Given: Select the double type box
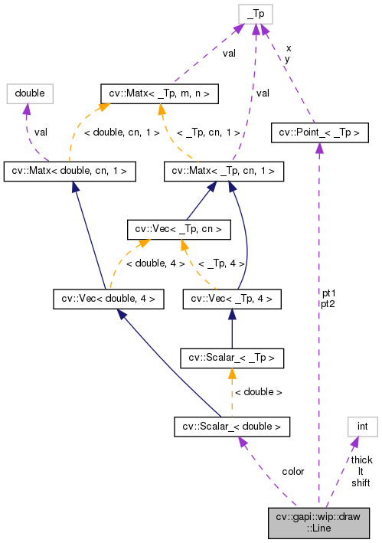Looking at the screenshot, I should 29,93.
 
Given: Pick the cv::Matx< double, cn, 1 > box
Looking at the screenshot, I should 70,171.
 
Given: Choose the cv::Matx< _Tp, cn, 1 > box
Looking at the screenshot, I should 224,171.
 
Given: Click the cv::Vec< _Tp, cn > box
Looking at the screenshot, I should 178,228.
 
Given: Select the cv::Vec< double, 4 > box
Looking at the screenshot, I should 108,298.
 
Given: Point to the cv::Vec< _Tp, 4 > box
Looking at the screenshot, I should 232,298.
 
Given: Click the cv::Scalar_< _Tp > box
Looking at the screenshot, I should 232,356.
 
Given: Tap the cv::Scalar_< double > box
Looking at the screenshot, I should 232,425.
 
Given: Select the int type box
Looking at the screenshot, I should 363,425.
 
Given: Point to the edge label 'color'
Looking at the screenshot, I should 292,471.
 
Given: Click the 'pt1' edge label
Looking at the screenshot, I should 328,293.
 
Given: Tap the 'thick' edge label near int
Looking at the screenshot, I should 361,460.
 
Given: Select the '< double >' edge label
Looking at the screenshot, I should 258,391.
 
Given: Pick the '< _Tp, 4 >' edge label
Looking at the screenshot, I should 220,263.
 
